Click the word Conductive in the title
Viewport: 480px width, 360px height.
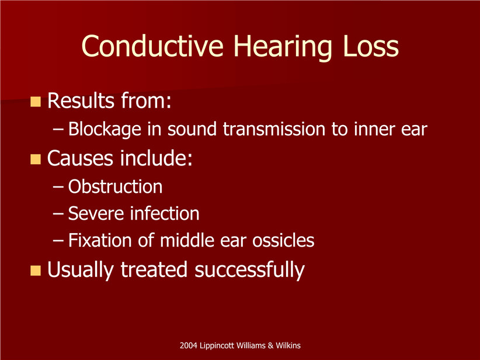(152, 46)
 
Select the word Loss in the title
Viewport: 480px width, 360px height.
(371, 46)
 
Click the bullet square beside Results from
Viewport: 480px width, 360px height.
(36, 102)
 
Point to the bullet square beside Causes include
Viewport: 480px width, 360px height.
(36, 160)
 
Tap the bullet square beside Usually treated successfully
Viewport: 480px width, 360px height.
(36, 271)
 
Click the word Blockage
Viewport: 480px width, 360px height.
(105, 130)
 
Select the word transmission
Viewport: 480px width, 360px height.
(274, 129)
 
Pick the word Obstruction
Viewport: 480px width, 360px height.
(115, 186)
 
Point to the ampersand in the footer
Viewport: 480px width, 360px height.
(270, 345)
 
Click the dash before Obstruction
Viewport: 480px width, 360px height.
(58, 187)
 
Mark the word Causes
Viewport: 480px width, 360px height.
(80, 158)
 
